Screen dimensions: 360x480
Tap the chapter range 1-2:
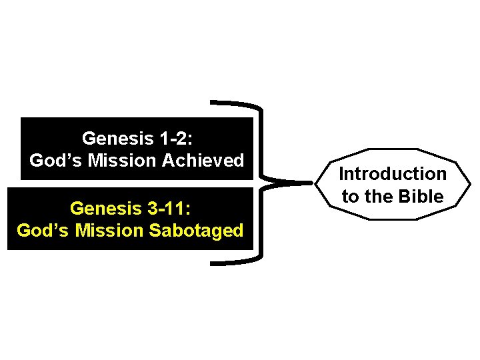coord(175,139)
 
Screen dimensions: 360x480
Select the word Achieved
coord(207,161)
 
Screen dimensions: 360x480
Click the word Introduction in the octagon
coord(393,174)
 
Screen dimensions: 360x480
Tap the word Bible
coord(423,197)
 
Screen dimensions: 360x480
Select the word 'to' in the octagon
coord(350,197)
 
